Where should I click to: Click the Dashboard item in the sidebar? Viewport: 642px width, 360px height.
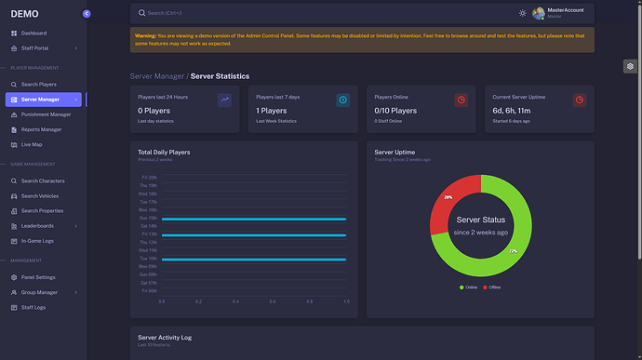[33, 33]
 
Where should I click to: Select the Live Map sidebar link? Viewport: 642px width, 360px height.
[32, 144]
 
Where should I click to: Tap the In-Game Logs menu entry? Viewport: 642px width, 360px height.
[37, 240]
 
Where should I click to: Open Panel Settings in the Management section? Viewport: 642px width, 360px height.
[38, 277]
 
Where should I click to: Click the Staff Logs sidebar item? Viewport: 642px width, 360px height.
[33, 306]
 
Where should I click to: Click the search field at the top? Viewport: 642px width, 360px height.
[279, 13]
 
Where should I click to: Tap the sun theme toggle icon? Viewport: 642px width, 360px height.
[522, 13]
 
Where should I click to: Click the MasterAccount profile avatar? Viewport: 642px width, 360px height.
[539, 13]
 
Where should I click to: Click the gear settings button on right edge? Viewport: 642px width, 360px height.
[630, 66]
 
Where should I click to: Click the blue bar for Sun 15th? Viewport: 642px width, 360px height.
[254, 219]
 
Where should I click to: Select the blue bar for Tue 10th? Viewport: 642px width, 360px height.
[254, 259]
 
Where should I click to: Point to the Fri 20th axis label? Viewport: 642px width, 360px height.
[149, 177]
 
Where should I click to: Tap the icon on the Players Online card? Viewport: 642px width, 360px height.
[461, 100]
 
